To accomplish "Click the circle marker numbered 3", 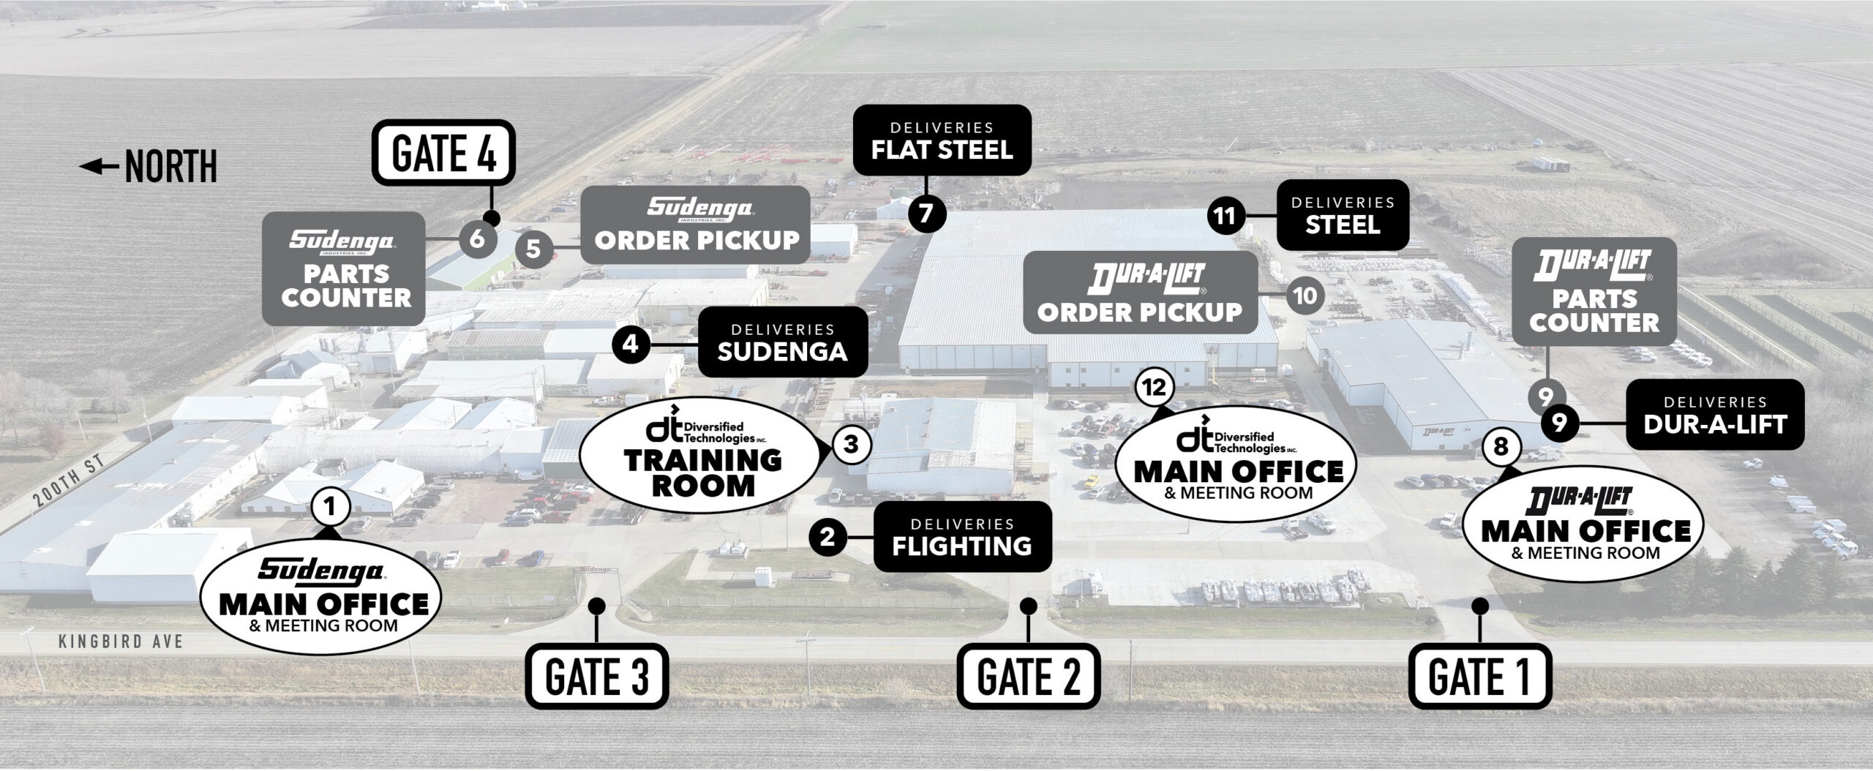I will [x=850, y=444].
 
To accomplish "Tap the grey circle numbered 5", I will [x=533, y=249].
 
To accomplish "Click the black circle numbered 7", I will [x=926, y=214].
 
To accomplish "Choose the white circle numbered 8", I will [x=1501, y=446].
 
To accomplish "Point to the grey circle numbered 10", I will [x=1305, y=296].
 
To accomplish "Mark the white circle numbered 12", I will [x=1153, y=388].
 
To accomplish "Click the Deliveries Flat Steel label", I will [x=942, y=141].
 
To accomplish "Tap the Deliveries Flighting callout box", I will [x=962, y=536].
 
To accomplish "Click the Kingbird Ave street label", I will [x=120, y=642].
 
